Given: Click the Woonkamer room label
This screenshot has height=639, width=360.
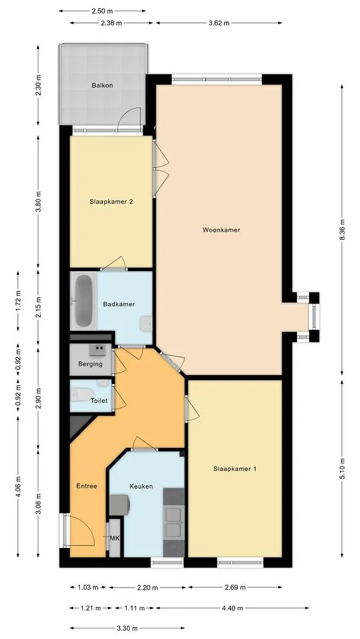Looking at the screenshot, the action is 221,230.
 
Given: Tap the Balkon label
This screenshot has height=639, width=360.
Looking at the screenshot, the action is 102,86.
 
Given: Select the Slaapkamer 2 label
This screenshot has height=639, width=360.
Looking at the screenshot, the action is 111,201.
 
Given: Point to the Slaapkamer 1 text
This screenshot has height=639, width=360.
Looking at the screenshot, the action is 235,469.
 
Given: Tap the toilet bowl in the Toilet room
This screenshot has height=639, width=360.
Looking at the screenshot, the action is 78,394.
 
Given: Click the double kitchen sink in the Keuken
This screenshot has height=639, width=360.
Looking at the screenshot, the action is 174,522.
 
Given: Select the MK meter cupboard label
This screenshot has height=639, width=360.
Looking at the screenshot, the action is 114,538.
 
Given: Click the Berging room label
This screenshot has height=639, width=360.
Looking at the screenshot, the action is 91,364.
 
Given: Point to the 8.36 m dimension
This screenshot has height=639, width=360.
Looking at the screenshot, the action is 342,230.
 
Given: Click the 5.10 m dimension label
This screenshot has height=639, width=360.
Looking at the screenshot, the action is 342,469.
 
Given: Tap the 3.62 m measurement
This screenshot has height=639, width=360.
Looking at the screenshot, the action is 219,23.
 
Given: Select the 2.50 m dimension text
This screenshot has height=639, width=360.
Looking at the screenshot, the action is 102,11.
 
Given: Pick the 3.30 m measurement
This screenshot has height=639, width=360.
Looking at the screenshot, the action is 127,628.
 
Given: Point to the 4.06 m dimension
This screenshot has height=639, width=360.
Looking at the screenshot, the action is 18,487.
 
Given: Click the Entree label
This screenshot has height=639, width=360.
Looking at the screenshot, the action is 87,486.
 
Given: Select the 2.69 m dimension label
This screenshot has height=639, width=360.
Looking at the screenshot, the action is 235,588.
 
